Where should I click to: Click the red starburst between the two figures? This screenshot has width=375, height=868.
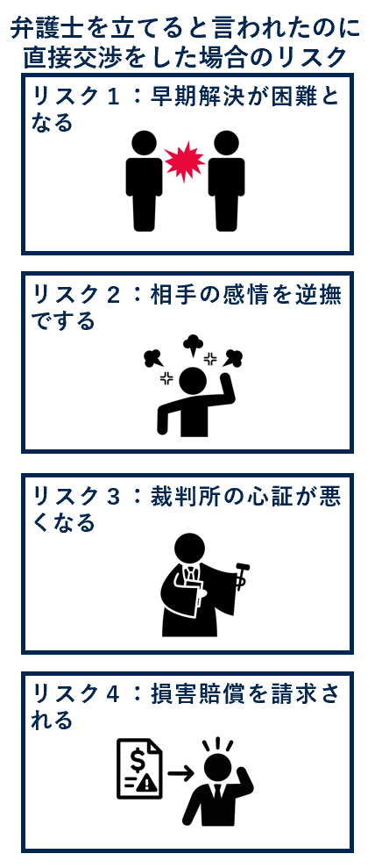coord(185,161)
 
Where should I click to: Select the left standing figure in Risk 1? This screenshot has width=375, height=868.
coord(144,180)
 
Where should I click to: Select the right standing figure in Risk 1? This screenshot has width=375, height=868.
coord(226,180)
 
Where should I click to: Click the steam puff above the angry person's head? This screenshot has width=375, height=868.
coord(193,344)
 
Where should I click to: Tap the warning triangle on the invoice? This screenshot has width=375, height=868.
coord(145,782)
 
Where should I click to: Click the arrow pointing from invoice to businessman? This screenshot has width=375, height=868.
coord(180,772)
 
